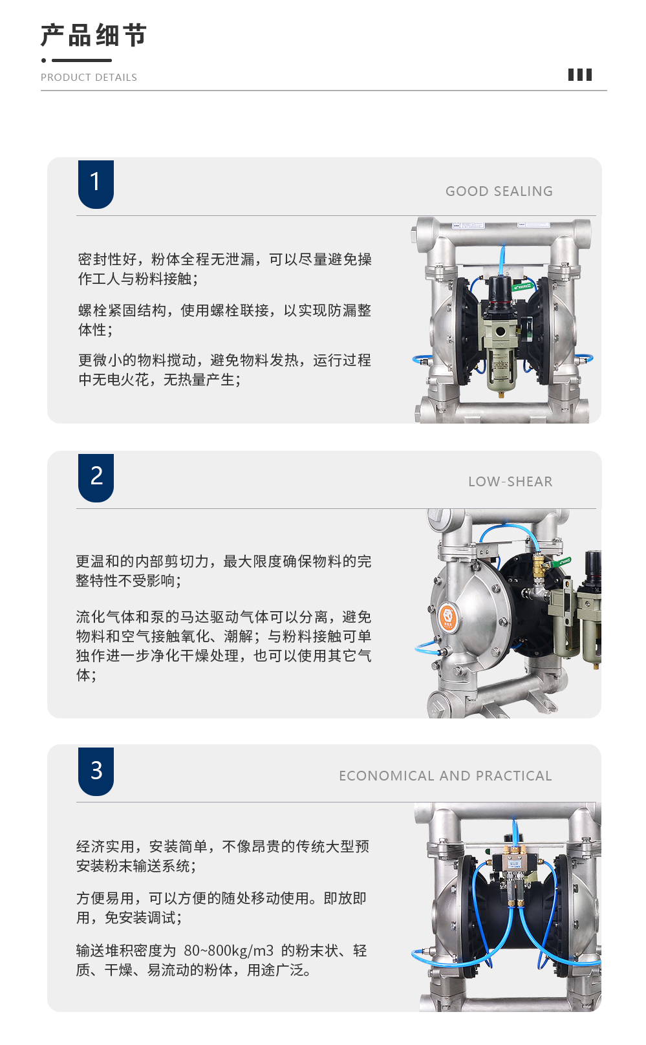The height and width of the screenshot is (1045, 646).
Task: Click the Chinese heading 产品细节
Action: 94,36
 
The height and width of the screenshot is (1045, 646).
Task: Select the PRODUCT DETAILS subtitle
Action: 89,78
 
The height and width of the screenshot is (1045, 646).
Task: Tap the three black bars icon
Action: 580,74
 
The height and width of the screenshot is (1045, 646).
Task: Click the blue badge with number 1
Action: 96,184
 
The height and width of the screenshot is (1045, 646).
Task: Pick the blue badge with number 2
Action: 96,477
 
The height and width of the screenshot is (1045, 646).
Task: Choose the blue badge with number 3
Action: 96,771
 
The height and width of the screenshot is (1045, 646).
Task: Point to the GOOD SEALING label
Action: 499,191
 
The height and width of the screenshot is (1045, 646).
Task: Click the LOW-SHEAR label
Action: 510,482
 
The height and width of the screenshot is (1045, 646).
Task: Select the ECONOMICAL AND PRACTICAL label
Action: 446,775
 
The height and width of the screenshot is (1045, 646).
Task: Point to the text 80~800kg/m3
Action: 228,951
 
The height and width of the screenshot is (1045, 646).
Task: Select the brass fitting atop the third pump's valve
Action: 515,849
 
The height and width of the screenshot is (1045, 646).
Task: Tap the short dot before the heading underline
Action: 44,60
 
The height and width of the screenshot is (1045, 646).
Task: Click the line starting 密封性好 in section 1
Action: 224,259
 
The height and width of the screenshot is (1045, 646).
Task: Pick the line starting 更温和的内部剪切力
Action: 224,561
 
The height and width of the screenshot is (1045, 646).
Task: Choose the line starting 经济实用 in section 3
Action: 222,846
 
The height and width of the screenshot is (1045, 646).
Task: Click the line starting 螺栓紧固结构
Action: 224,310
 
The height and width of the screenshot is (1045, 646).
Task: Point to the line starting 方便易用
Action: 221,898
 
